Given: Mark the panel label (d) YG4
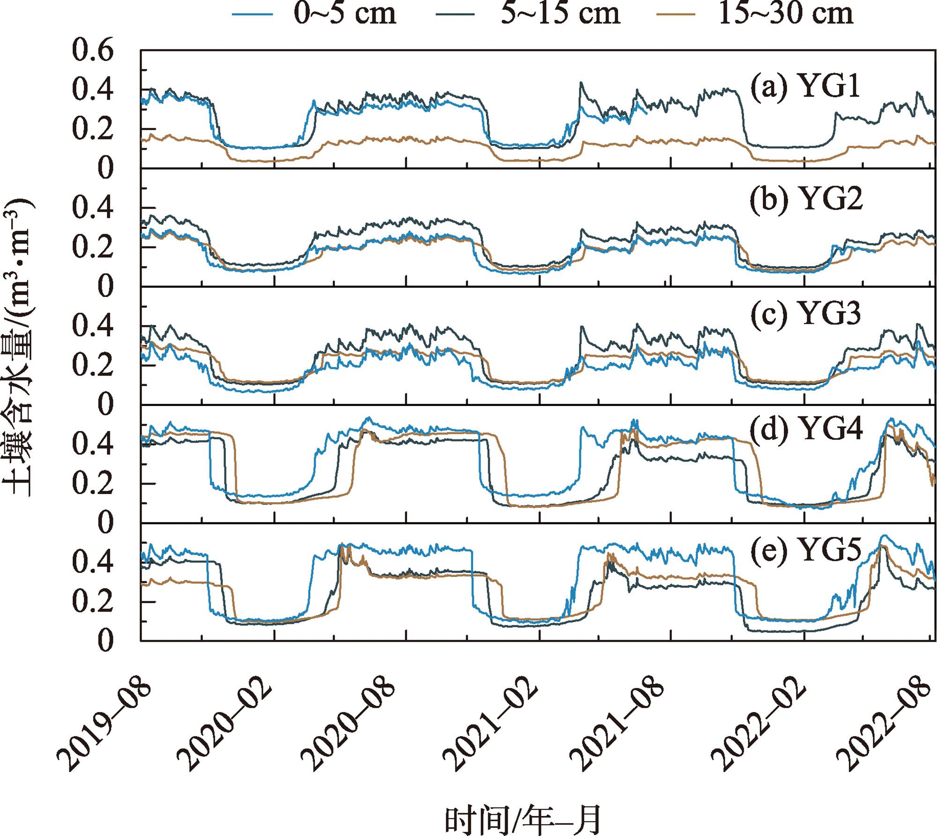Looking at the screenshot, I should pyautogui.click(x=806, y=430).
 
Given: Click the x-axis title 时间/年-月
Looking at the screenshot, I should pyautogui.click(x=523, y=819).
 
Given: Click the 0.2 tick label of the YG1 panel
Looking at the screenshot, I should pyautogui.click(x=93, y=129).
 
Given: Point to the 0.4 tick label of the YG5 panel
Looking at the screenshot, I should pyautogui.click(x=93, y=562).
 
